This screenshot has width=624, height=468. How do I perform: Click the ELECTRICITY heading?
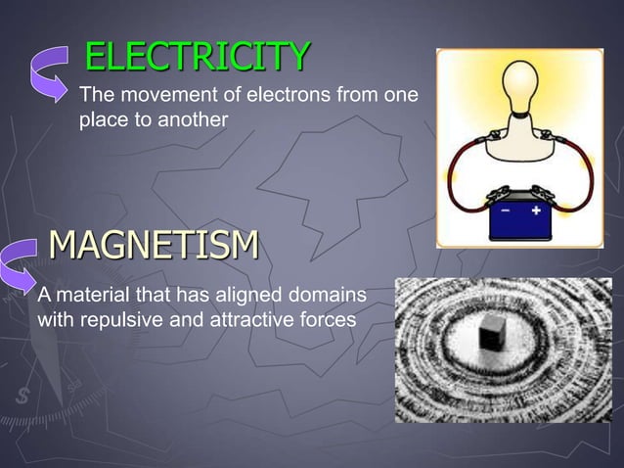pyautogui.click(x=198, y=58)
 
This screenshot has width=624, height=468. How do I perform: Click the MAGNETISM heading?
pyautogui.click(x=153, y=243)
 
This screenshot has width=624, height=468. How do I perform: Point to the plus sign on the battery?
pyautogui.click(x=537, y=210)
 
